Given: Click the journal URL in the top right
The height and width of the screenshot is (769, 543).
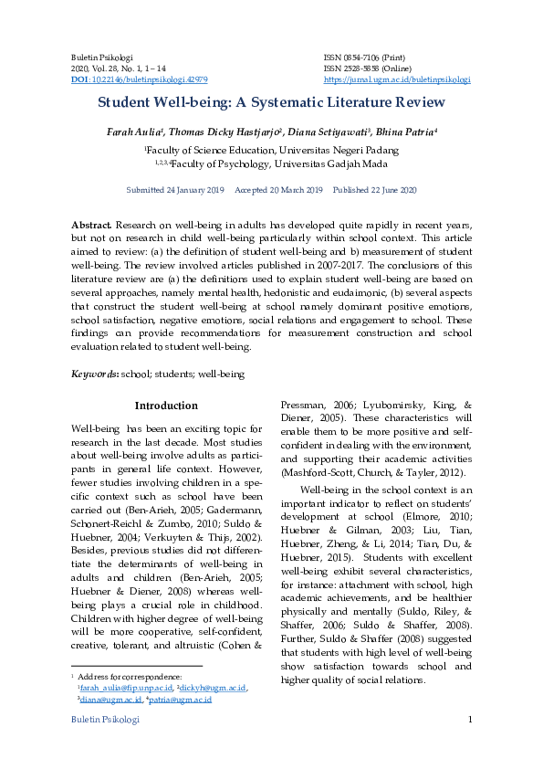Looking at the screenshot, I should pos(397,79).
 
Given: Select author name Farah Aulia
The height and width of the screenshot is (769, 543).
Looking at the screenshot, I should pos(131,132).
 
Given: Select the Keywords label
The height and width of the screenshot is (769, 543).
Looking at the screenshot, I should pos(94,374).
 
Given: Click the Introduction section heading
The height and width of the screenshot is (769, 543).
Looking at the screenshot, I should pos(165,406).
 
